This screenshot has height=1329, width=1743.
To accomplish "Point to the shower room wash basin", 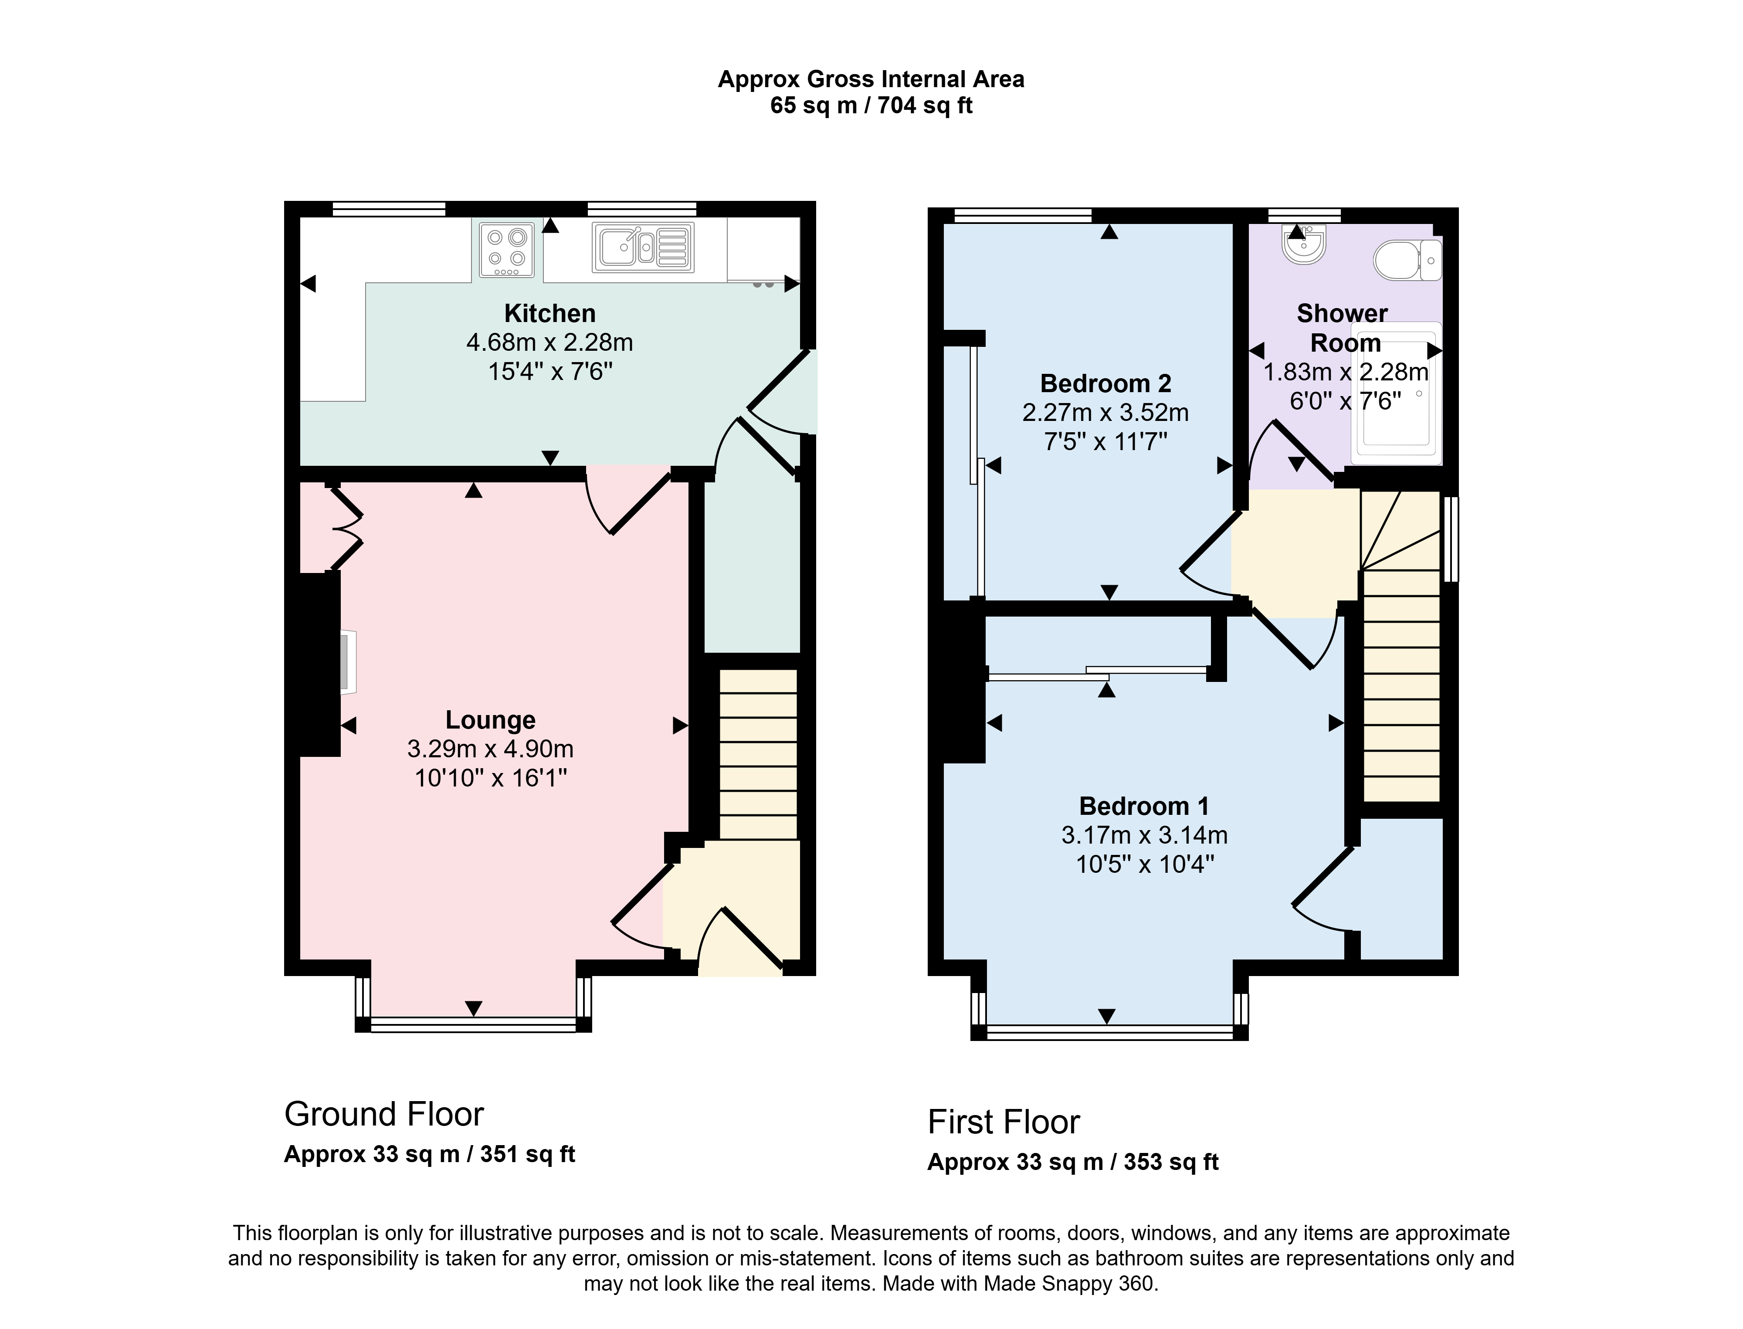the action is click(1303, 244).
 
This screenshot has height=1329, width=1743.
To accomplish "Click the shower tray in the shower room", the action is click(1397, 393).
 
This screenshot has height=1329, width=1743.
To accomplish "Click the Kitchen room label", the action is click(550, 313).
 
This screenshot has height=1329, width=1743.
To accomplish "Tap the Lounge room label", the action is click(491, 720).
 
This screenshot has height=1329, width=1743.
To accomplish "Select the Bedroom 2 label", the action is click(1105, 384).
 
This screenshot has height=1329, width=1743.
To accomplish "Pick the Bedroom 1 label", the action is click(1144, 806).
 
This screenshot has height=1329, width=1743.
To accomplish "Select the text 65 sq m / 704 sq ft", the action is click(871, 105).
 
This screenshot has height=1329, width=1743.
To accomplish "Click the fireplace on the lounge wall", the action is click(348, 662).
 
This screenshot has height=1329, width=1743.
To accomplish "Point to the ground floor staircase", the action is click(758, 754).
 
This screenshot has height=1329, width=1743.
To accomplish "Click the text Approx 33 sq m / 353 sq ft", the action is click(1073, 1162).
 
